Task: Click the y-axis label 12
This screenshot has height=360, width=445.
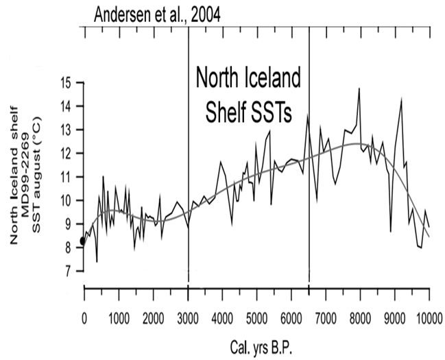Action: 66,153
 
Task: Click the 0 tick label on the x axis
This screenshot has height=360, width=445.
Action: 84,317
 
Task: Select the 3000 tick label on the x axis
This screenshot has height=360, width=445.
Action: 188,317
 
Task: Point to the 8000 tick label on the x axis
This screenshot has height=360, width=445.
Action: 360,317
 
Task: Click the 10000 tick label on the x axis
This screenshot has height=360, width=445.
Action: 429,317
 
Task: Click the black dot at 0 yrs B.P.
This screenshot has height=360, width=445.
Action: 83,241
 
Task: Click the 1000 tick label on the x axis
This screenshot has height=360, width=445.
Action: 118,317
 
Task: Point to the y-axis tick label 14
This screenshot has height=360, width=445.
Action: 66,106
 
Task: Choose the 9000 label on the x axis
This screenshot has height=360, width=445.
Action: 394,317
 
